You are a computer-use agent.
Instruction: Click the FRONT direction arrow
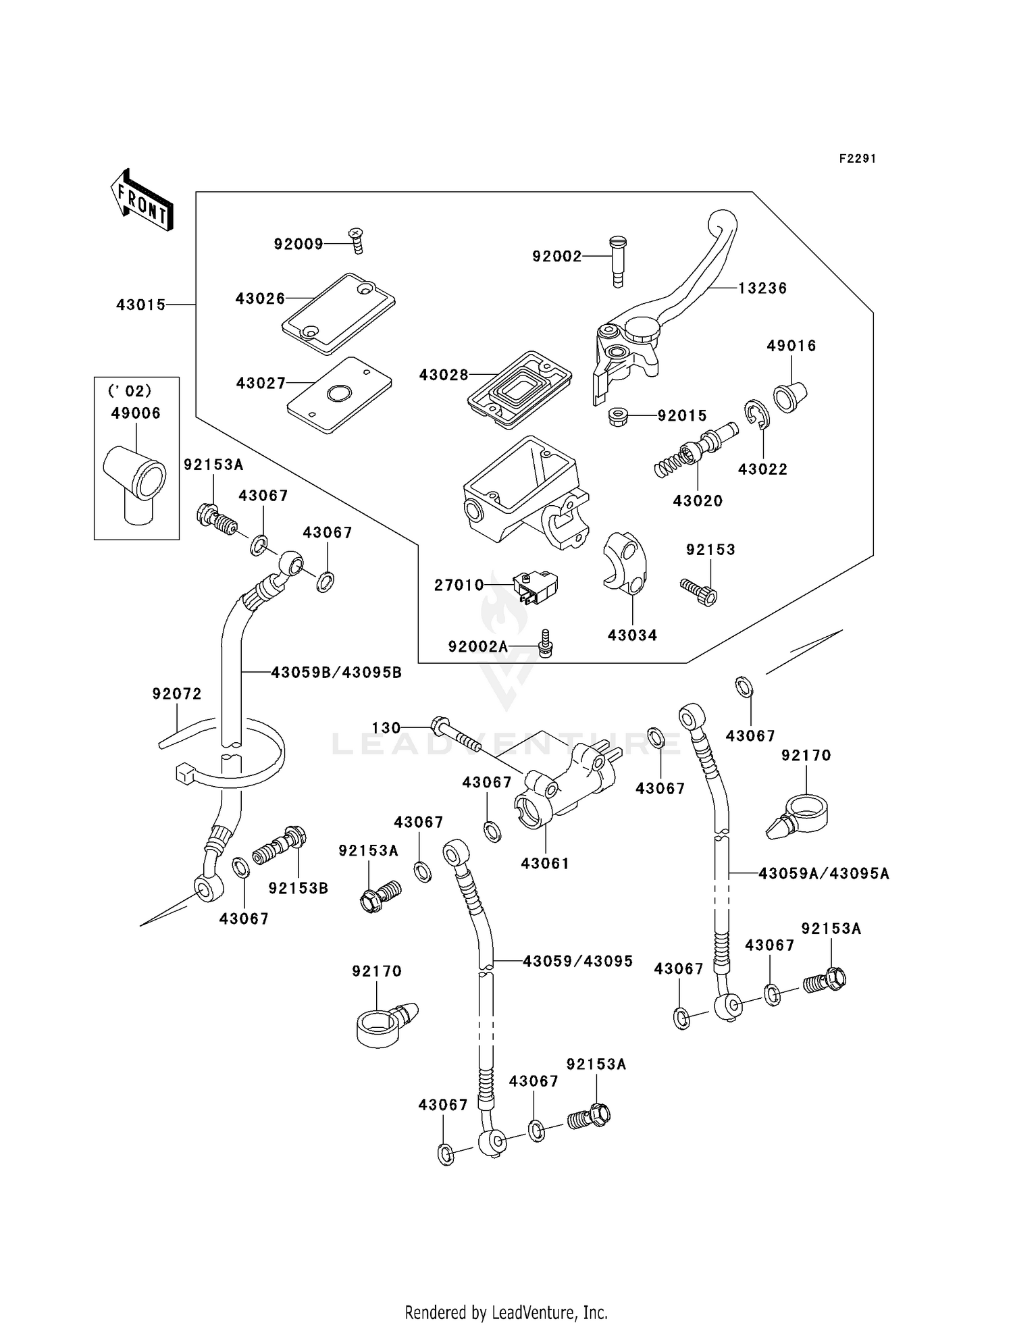click(x=142, y=201)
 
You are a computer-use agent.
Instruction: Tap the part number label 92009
click(x=298, y=244)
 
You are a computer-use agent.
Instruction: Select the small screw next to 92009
click(x=357, y=240)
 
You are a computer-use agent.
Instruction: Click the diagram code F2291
click(x=857, y=159)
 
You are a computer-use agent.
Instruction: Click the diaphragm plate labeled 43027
click(x=339, y=394)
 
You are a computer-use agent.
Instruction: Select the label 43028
click(x=443, y=375)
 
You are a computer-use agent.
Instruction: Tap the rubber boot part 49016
click(x=790, y=397)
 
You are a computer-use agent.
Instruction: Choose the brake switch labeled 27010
click(x=536, y=586)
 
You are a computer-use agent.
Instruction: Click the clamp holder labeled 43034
click(x=625, y=563)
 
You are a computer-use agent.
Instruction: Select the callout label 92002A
click(x=477, y=647)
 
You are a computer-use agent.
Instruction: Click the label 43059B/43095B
click(x=336, y=672)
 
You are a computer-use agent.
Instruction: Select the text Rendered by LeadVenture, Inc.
click(x=506, y=1312)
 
